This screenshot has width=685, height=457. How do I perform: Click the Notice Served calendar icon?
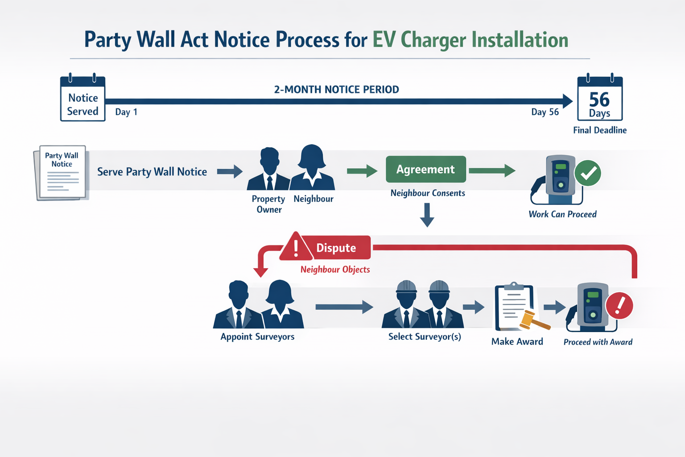pos(83,99)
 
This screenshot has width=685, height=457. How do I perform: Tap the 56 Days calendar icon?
pos(600,99)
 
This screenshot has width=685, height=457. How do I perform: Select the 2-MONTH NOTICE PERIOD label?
pos(336,89)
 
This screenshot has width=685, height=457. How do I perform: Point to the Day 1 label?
pos(126,112)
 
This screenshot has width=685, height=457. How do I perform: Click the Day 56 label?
pos(545,112)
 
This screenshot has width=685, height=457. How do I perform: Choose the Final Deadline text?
pos(600,130)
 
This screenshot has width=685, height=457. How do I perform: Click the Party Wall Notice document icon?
pos(61,173)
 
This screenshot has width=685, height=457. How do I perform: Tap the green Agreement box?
pos(426,169)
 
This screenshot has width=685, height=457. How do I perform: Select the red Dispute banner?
pos(336,248)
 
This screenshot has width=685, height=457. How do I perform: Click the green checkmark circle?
pos(588,173)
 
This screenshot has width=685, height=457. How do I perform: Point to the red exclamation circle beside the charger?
pos(619,306)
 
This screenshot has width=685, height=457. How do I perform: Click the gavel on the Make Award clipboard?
pos(533,320)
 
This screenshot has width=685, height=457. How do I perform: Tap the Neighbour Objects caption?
pos(335,270)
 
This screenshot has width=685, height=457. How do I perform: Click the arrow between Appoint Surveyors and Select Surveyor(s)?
pos(344,307)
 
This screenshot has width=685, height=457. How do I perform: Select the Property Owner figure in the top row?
pos(269,169)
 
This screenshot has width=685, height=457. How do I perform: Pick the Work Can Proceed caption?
pos(562,214)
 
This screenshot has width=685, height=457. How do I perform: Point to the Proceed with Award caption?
pos(598,342)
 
